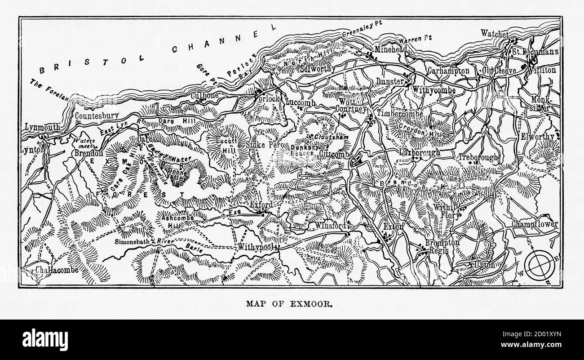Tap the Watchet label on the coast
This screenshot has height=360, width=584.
(495, 34)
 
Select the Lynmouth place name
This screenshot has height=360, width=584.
(42, 127)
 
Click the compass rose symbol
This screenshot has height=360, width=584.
(539, 265)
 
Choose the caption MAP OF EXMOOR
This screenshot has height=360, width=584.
(289, 303)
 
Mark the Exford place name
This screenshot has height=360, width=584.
(261, 205)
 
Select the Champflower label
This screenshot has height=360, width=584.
(535, 224)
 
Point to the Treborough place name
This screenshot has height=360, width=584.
(478, 157)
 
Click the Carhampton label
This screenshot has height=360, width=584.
(448, 71)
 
